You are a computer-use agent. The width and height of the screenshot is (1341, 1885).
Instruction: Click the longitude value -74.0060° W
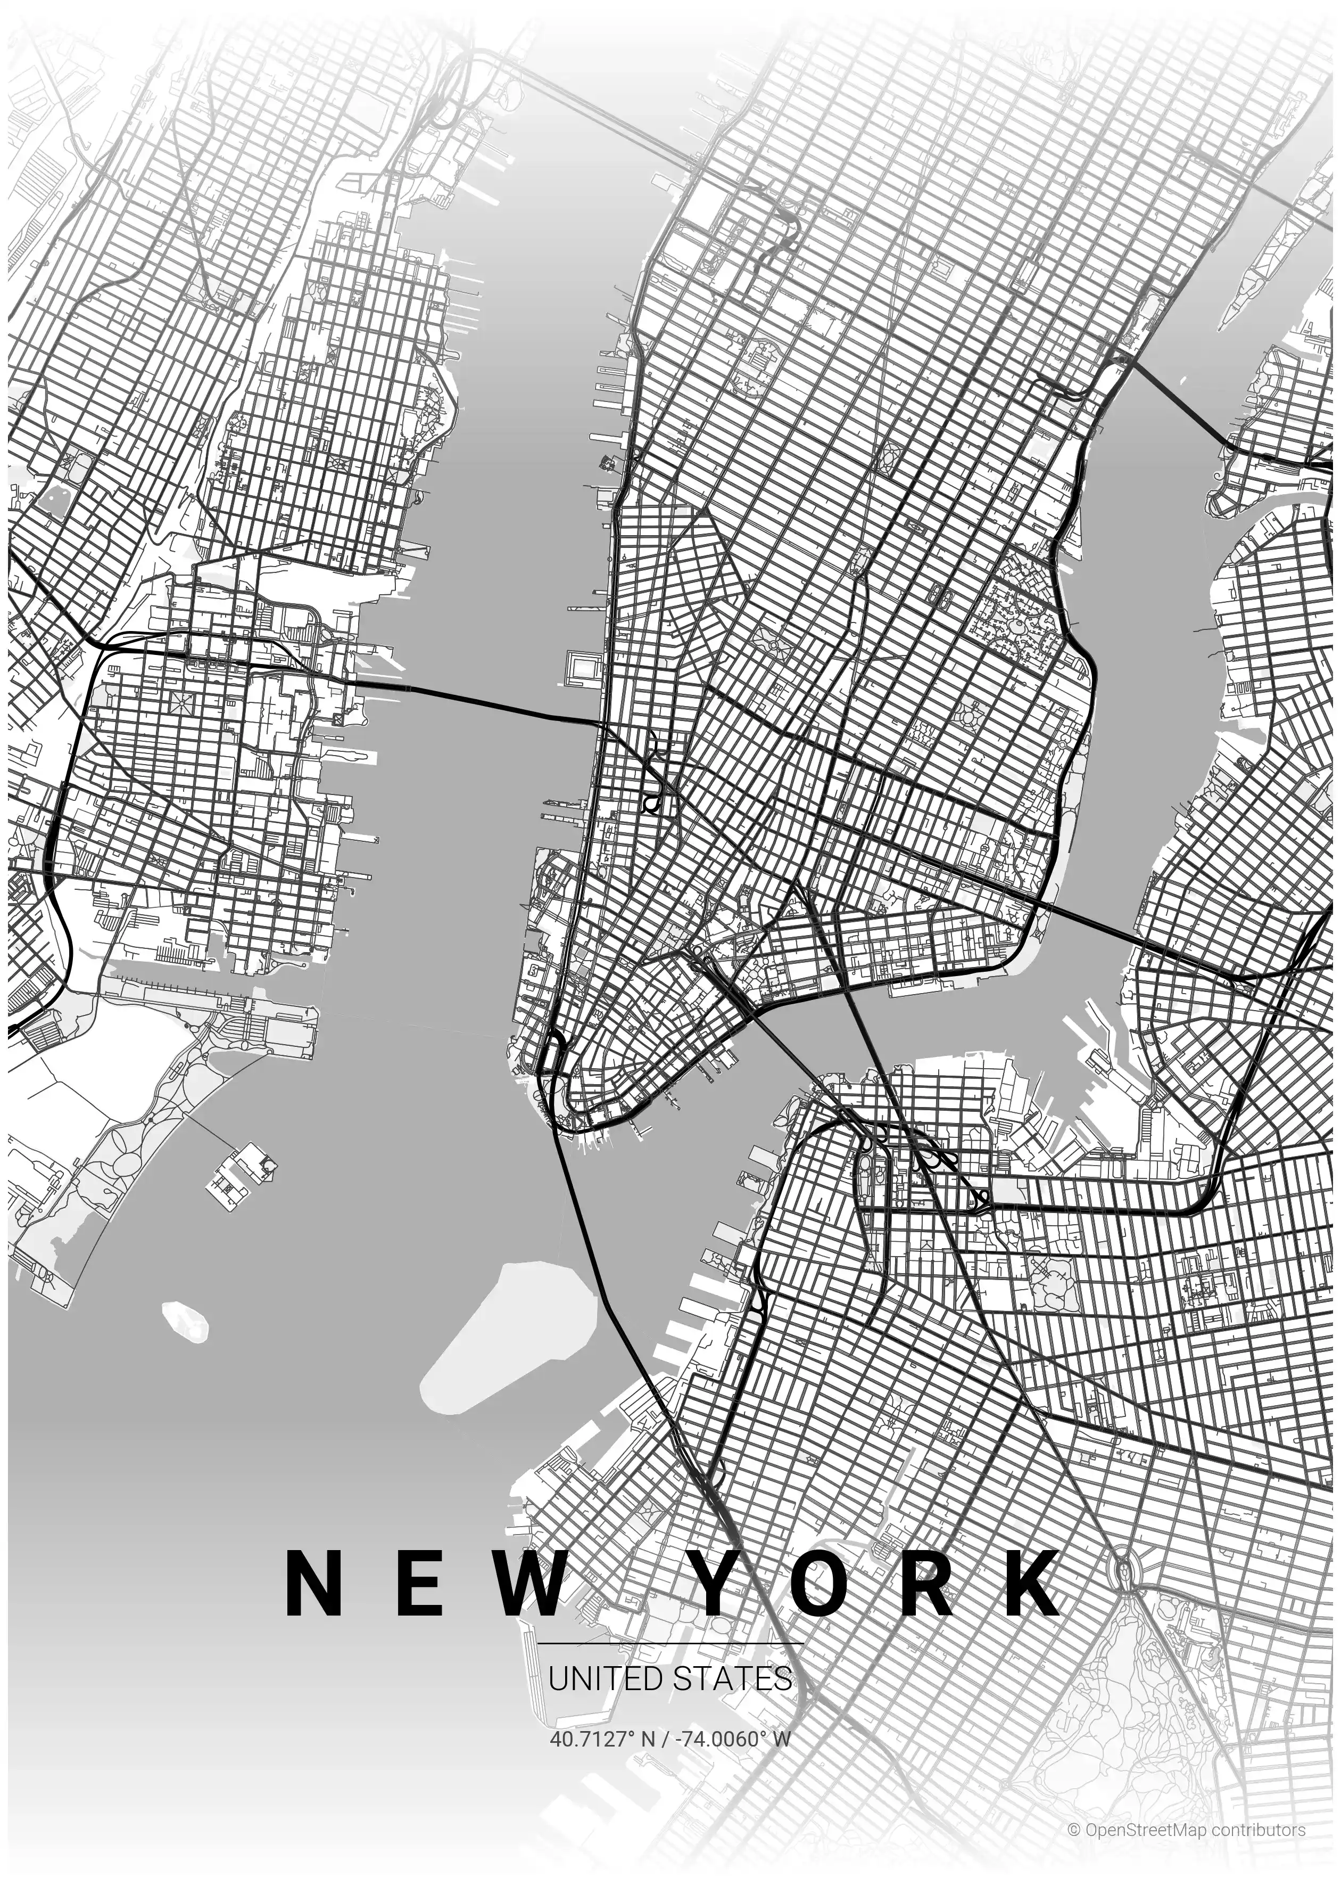pyautogui.click(x=733, y=1739)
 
